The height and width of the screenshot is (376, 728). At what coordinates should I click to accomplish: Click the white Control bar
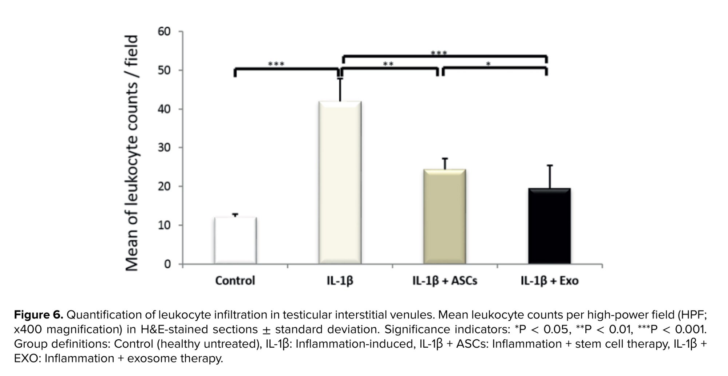pos(236,240)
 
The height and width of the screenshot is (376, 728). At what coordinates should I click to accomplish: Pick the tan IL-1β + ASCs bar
pos(444,216)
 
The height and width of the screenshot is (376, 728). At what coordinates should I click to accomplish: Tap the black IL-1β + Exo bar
pos(549,226)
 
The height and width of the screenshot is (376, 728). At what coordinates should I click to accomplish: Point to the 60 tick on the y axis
pos(164,32)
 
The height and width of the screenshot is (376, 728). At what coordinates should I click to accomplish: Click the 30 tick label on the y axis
pos(164,148)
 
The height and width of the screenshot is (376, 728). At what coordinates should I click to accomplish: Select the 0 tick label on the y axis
pos(167,264)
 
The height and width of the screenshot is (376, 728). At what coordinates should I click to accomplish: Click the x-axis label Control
pos(235,281)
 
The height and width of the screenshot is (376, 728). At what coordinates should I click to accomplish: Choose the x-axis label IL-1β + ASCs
pos(444,281)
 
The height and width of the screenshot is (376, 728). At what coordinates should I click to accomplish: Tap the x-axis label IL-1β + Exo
pos(549,281)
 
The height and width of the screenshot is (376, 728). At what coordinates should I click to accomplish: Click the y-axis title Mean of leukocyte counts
pos(132,153)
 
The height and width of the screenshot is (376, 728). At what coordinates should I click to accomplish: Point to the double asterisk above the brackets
pos(388,65)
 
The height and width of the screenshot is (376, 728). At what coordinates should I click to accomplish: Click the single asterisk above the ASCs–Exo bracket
pos(488,65)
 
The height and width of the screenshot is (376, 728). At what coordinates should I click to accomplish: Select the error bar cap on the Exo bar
pos(550,165)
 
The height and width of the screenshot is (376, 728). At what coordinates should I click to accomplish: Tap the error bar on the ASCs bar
pos(445,163)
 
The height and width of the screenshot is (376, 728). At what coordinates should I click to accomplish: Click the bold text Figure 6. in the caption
pos(39,315)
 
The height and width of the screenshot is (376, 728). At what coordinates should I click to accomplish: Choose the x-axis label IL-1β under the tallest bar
pos(340,281)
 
